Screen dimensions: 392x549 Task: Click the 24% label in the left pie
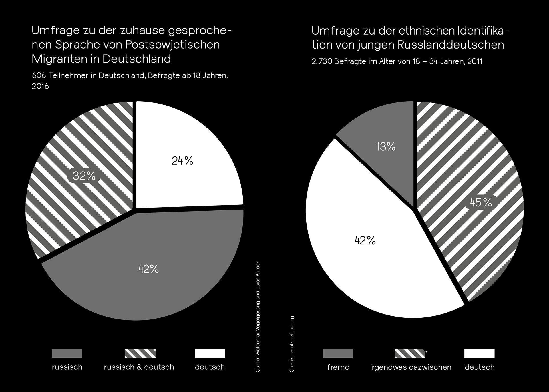pyautogui.click(x=182, y=161)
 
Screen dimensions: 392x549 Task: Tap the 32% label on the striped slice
pyautogui.click(x=84, y=176)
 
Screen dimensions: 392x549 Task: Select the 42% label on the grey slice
pyautogui.click(x=148, y=269)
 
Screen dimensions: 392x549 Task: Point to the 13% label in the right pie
pyautogui.click(x=386, y=147)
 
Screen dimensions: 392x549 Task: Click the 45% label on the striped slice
pyautogui.click(x=481, y=203)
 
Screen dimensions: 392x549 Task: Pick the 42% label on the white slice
pyautogui.click(x=365, y=241)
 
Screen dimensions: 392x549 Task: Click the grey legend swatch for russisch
pyautogui.click(x=67, y=353)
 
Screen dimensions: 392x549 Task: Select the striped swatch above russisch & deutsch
pyautogui.click(x=140, y=353)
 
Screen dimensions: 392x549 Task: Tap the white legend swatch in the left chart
pyautogui.click(x=210, y=353)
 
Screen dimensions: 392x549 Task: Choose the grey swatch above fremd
pyautogui.click(x=338, y=353)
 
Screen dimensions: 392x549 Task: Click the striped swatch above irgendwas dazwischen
pyautogui.click(x=410, y=353)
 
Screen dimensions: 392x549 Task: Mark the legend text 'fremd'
pyautogui.click(x=338, y=367)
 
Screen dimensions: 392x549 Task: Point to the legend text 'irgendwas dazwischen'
pyautogui.click(x=411, y=367)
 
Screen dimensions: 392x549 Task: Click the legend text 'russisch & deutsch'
pyautogui.click(x=139, y=367)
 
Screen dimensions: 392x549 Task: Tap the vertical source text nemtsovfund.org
pyautogui.click(x=292, y=344)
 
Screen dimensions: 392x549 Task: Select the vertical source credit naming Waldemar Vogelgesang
pyautogui.click(x=258, y=316)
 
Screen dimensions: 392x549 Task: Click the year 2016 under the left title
pyautogui.click(x=40, y=86)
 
